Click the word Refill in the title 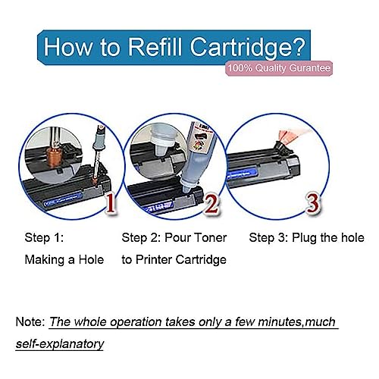click(x=155, y=46)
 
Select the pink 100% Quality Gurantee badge click(x=279, y=68)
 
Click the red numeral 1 click(x=110, y=203)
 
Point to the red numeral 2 click(x=211, y=203)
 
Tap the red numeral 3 click(x=313, y=203)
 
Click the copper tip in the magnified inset click(x=54, y=157)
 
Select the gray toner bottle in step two click(x=193, y=157)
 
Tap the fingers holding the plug click(x=294, y=135)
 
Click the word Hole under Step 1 click(x=91, y=259)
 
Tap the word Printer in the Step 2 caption click(x=154, y=259)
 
